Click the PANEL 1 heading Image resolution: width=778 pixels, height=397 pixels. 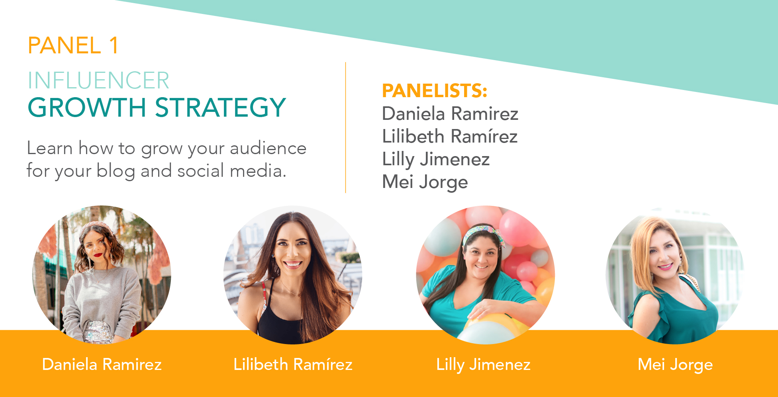tap(73, 45)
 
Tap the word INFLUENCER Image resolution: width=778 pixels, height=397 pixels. tap(98, 80)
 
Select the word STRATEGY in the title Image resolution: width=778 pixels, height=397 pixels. tap(220, 108)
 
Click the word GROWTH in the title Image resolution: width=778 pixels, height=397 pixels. tap(87, 108)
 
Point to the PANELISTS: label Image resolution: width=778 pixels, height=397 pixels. tap(435, 91)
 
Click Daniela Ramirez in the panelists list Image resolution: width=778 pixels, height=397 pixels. tap(450, 114)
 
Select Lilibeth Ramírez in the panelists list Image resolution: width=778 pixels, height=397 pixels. tap(450, 137)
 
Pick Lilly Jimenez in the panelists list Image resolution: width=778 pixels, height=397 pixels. tap(436, 160)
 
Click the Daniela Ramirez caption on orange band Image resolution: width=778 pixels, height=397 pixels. tap(102, 365)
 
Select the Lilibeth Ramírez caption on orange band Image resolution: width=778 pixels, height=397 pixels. tap(293, 365)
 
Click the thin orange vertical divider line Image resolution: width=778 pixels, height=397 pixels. tap(345, 127)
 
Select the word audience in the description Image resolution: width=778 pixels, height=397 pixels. tap(268, 149)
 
